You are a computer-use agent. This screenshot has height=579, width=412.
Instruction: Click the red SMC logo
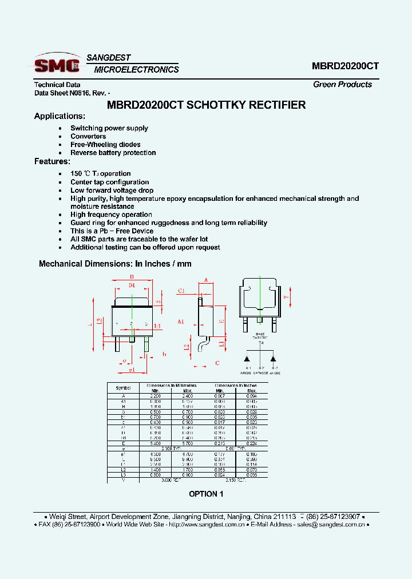[57, 64]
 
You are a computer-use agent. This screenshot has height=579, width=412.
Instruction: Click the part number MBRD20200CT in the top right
[345, 66]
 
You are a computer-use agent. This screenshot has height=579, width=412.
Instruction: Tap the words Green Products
[342, 84]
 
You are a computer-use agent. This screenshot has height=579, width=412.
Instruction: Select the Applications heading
[60, 116]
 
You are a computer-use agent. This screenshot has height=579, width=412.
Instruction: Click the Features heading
[52, 161]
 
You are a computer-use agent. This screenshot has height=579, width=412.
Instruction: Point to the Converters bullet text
[88, 136]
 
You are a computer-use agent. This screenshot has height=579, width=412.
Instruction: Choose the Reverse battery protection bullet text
[113, 153]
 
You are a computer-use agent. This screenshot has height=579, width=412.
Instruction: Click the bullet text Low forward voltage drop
[112, 190]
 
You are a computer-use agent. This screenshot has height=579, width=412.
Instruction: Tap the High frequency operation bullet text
[111, 215]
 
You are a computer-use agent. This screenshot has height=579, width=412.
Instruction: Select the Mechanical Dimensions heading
[114, 264]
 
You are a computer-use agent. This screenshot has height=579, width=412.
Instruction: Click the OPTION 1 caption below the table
[206, 494]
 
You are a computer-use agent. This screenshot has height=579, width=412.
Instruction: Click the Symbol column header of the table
[123, 388]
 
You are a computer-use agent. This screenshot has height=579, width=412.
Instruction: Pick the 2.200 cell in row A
[155, 396]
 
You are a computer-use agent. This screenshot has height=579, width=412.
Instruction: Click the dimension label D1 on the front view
[132, 284]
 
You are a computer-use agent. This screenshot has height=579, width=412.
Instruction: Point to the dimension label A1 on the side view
[181, 322]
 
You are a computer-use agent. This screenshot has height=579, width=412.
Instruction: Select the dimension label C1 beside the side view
[181, 291]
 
